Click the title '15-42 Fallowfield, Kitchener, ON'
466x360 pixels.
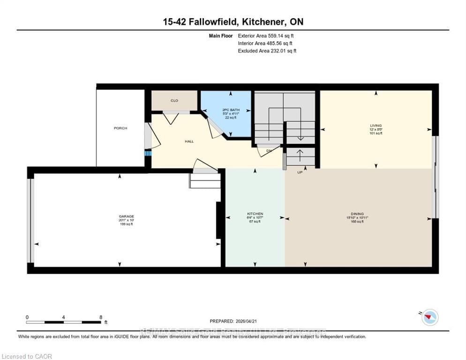click(233, 22)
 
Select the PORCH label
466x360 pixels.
click(120, 128)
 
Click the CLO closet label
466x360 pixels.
click(174, 100)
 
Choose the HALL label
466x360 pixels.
click(189, 141)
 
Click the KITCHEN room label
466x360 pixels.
click(255, 214)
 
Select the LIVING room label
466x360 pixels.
click(376, 126)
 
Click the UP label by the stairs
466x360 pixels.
click(300, 172)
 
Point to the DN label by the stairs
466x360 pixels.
click(269, 151)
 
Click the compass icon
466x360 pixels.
click(429, 317)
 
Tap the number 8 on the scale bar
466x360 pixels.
click(101, 317)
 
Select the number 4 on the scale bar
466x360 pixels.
click(63, 317)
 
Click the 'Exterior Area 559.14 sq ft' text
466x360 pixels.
click(266, 36)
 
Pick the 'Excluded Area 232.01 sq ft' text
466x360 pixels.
click(267, 51)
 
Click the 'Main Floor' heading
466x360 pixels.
click(221, 36)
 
